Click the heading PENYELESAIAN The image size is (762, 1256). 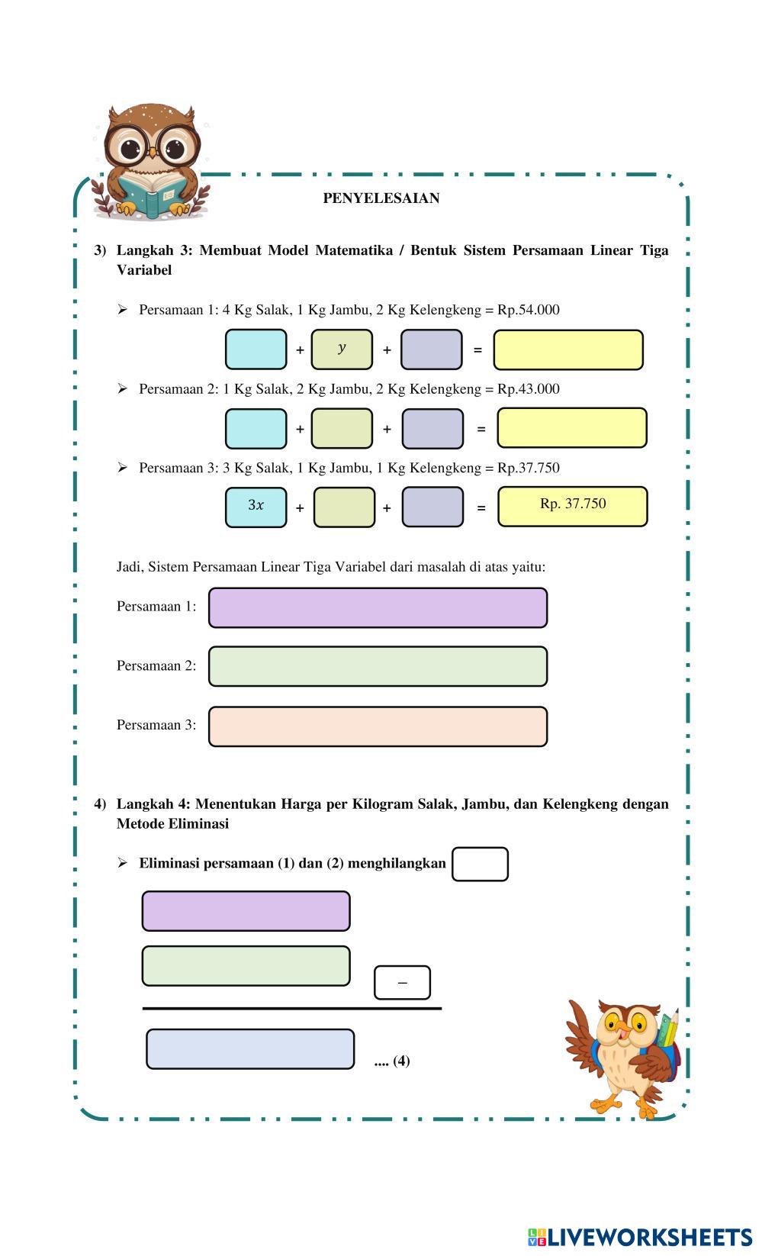381,198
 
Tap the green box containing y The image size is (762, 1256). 342,349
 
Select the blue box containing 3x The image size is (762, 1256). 256,507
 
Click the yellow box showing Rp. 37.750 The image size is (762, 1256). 573,507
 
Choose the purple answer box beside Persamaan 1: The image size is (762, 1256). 378,607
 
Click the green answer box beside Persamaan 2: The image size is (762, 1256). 378,666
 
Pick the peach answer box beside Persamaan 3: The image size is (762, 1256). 378,726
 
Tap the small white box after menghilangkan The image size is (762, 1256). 481,864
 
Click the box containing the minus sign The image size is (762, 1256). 402,982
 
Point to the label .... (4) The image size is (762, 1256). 392,1061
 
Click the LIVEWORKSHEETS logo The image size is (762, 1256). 640,1237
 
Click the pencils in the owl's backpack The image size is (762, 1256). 668,1028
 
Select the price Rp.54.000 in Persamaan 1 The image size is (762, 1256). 529,310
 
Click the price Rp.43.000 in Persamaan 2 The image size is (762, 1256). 529,388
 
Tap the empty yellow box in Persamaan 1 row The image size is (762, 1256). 568,349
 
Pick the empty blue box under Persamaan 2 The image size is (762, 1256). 256,428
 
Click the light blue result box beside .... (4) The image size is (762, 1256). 250,1048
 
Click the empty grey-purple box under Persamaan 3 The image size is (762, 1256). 432,507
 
